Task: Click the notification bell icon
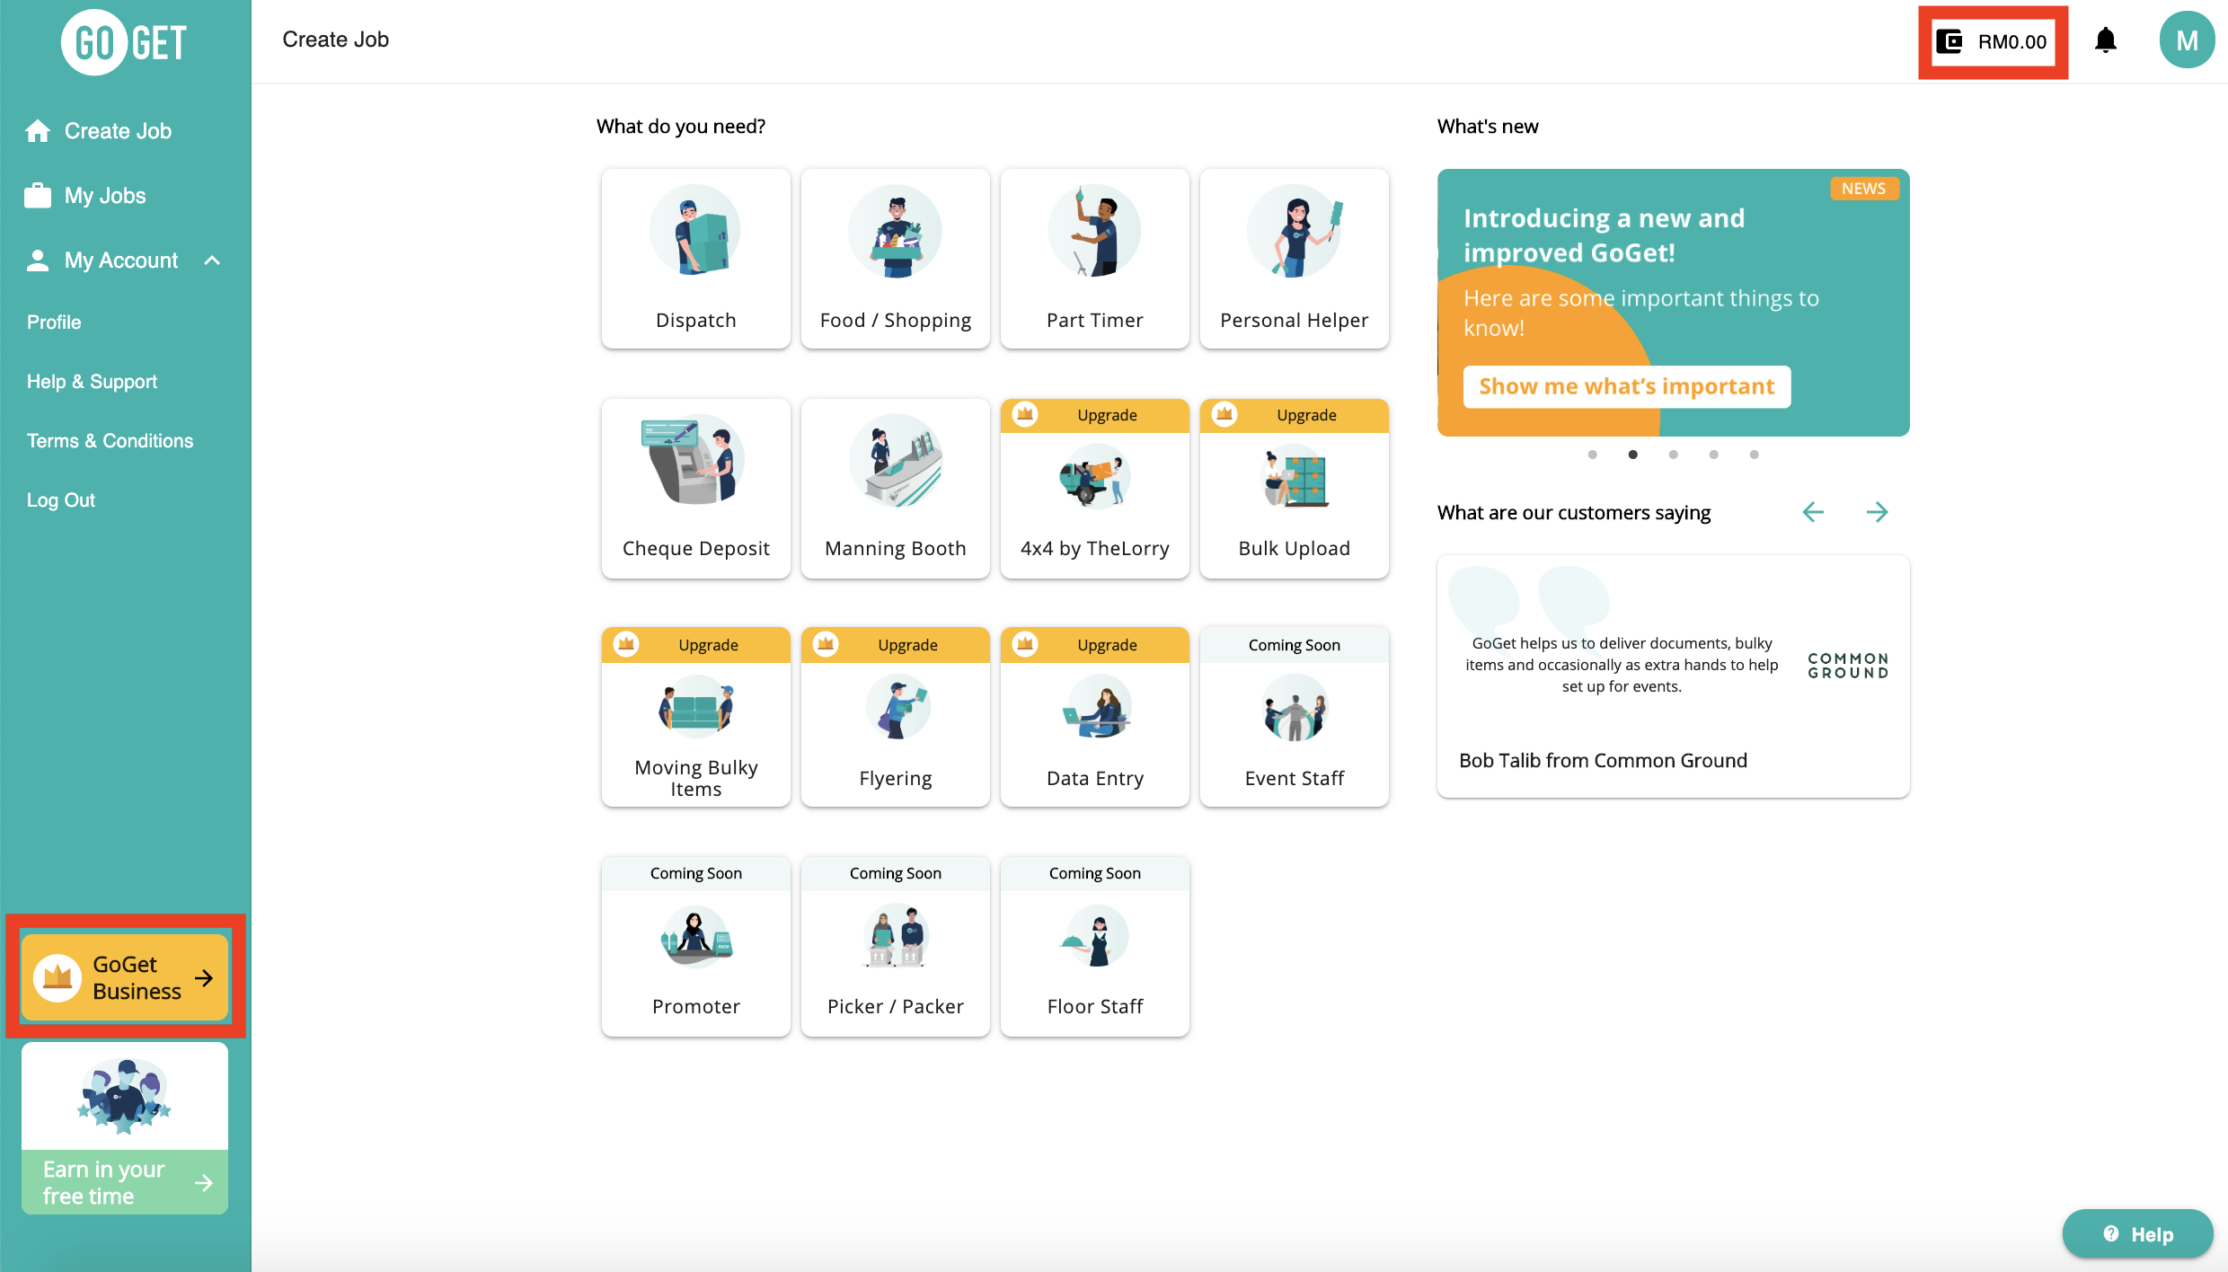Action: click(x=2105, y=40)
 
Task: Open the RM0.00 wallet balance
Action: click(x=1993, y=42)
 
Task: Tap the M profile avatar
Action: click(x=2187, y=40)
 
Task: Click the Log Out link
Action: click(x=61, y=500)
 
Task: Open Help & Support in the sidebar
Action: click(x=92, y=382)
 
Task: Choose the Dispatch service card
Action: click(x=696, y=259)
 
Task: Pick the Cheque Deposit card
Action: click(x=696, y=489)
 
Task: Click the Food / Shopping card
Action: click(x=896, y=259)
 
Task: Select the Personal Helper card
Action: click(x=1295, y=259)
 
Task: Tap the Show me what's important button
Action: click(x=1627, y=386)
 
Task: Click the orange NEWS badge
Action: click(x=1863, y=189)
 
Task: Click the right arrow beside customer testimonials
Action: click(x=1877, y=512)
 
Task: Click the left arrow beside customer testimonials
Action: click(x=1813, y=512)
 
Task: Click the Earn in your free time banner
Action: click(x=125, y=1128)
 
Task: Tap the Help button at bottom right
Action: click(x=2137, y=1234)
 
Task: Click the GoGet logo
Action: click(x=124, y=42)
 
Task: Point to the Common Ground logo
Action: click(x=1848, y=666)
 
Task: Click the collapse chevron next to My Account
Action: click(x=212, y=261)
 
